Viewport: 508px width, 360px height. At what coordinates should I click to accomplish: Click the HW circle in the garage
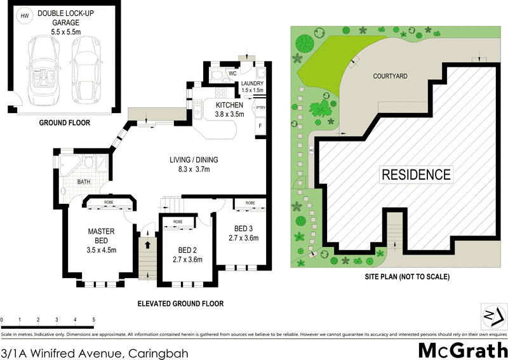[x=24, y=17]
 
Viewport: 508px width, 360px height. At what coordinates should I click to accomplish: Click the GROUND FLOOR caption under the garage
[x=65, y=123]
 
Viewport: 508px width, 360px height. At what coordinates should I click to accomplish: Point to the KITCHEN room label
[x=229, y=105]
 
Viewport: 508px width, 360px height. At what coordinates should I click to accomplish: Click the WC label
[x=232, y=73]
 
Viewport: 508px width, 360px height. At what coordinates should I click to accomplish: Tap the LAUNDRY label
[x=252, y=83]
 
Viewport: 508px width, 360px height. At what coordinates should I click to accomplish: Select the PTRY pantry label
[x=260, y=108]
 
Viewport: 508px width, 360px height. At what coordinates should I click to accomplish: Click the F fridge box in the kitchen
[x=260, y=126]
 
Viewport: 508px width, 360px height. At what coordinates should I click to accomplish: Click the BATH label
[x=83, y=182]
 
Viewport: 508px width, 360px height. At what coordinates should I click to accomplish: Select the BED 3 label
[x=244, y=229]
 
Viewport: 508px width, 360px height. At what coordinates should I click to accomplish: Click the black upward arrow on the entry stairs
[x=147, y=243]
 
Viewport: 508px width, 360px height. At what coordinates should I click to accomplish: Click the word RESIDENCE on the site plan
[x=415, y=174]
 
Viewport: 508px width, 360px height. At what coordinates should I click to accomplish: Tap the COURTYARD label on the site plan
[x=390, y=76]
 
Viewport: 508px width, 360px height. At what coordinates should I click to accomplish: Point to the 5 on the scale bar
[x=94, y=319]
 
